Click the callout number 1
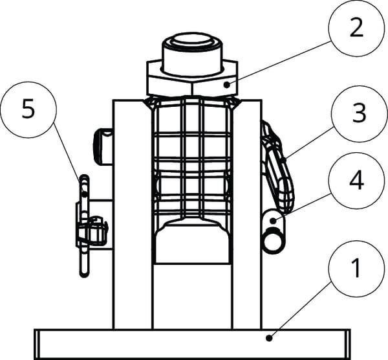pos(356,268)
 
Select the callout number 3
pos(359,113)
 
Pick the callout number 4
pos(356,180)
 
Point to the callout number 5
pos(28,109)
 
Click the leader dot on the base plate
pos(269,338)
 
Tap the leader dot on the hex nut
pos(227,85)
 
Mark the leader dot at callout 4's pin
pos(273,221)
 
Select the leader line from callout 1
pos(301,309)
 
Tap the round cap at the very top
pos(192,53)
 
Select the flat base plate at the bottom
pos(192,344)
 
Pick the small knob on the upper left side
pos(103,146)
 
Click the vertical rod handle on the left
pos(84,225)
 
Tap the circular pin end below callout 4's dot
pos(273,240)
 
